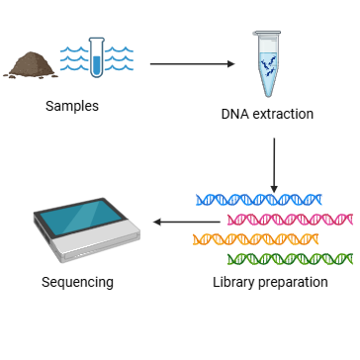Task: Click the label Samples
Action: (x=71, y=106)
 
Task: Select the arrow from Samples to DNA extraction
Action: (x=192, y=64)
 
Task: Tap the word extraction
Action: (x=283, y=114)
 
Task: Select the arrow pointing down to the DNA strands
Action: (x=274, y=163)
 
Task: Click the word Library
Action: (x=233, y=283)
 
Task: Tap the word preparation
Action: (x=293, y=283)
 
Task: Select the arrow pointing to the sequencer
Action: (x=188, y=222)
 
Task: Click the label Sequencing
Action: (x=77, y=283)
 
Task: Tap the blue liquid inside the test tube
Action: (x=97, y=65)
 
